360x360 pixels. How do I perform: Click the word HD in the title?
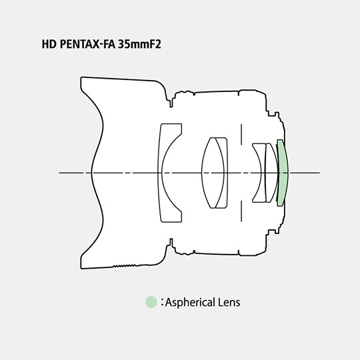coord(49,44)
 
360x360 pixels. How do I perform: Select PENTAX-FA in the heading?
coord(87,44)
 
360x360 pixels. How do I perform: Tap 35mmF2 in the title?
coord(139,44)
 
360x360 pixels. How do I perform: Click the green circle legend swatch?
coord(151,302)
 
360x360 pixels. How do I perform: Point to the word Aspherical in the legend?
coord(190,303)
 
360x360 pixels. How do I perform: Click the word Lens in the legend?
coord(229,302)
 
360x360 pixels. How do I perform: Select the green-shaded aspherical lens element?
coord(283,173)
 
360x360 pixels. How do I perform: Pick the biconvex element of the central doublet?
coord(212,173)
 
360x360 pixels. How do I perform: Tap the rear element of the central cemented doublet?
coord(225,173)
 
